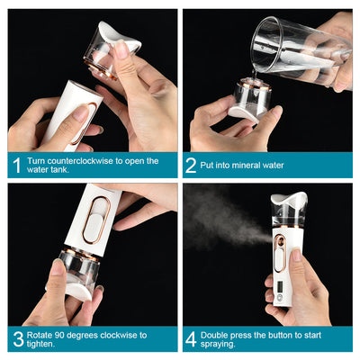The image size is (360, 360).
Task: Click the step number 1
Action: pos(17,166)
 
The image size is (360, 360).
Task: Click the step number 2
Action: pos(191,166)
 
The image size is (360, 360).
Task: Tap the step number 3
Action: pos(18,339)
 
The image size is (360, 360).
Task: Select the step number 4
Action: pos(191,339)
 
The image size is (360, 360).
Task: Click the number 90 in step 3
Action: pos(59,335)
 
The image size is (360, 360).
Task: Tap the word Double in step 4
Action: pos(214,335)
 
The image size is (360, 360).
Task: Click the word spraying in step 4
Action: pos(217,344)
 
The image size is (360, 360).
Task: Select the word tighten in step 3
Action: pos(40,344)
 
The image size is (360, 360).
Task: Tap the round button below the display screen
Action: pos(280,298)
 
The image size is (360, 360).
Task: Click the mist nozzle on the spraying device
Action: pos(281,240)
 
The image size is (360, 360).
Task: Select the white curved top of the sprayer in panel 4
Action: pos(289,199)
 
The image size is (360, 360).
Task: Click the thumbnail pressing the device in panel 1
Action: pos(79,113)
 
